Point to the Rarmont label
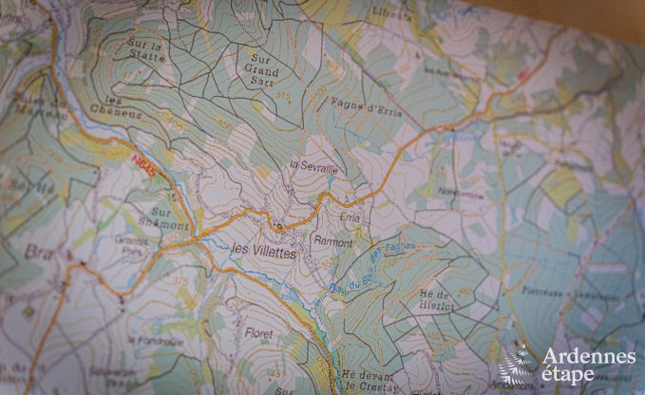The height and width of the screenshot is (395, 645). [333, 244]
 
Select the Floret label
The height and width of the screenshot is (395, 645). [258, 334]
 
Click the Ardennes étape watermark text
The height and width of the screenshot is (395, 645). [589, 365]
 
